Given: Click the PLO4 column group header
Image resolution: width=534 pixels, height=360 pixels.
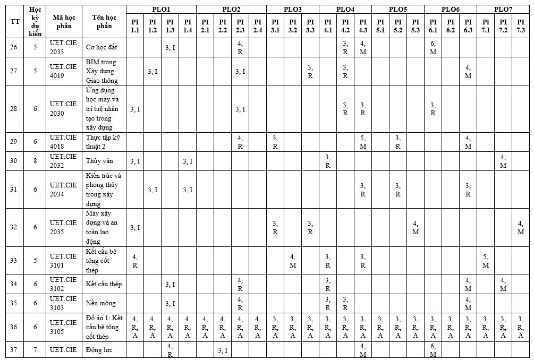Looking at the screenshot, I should click(x=345, y=9).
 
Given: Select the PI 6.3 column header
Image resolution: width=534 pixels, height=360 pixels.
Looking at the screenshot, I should click(x=468, y=25).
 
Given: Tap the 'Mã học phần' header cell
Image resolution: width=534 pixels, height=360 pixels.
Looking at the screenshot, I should click(x=64, y=21).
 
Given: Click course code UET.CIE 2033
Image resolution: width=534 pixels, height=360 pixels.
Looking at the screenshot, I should click(x=64, y=47).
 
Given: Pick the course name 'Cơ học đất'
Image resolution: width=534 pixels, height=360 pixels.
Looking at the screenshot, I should click(x=101, y=47).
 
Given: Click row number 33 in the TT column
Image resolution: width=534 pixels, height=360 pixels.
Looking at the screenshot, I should click(x=14, y=261).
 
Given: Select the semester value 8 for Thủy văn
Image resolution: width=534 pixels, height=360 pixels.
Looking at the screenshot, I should click(x=36, y=161).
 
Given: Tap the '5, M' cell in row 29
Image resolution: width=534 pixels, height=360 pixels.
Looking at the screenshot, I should click(x=363, y=142).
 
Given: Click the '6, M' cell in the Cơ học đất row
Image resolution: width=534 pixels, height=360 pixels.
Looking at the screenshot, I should click(x=433, y=47).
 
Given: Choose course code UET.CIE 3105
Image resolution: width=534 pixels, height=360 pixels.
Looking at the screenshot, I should click(x=64, y=327).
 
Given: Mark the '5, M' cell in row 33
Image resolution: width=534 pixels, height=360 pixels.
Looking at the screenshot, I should click(x=486, y=261).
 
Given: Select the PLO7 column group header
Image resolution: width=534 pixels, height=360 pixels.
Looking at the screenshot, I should click(x=503, y=9).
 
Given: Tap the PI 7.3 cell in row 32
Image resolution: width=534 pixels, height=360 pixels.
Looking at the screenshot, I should click(x=521, y=227).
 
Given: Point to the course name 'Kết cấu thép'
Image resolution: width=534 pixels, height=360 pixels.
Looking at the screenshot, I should click(x=104, y=284).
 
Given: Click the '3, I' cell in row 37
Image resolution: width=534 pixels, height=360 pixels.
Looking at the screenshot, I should click(x=223, y=350).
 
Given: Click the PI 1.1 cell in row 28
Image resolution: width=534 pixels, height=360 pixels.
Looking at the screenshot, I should click(x=135, y=109).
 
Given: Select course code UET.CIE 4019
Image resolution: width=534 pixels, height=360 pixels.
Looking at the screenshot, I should click(x=64, y=71).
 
